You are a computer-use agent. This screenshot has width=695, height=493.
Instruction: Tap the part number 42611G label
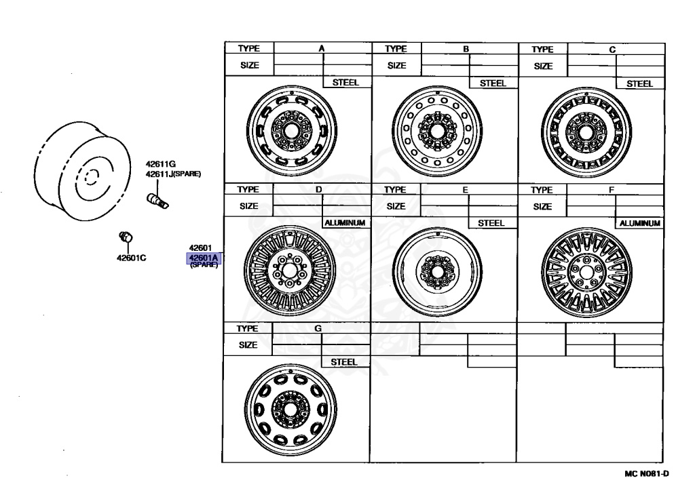click(161, 164)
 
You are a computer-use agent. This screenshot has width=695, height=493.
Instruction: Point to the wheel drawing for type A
click(293, 127)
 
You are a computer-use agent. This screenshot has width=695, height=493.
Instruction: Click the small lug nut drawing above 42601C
click(125, 236)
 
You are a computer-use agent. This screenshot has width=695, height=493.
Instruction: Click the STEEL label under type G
click(344, 362)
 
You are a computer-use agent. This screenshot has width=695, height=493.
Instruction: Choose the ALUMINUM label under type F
click(639, 222)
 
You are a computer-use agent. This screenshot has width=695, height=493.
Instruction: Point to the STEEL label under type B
click(493, 83)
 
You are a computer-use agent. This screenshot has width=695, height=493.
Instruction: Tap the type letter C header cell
click(612, 49)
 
